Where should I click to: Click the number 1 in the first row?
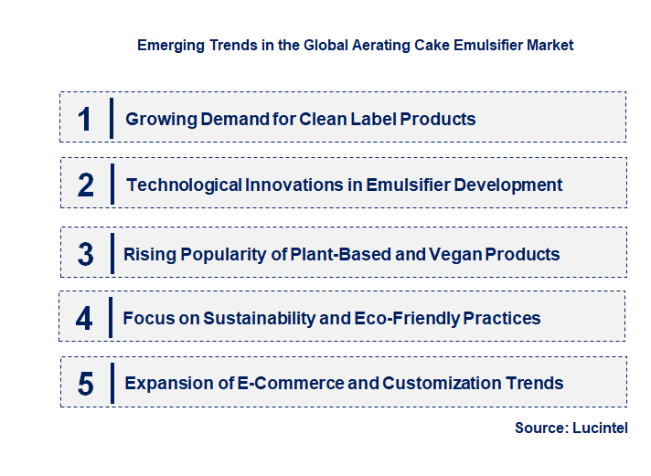click(85, 119)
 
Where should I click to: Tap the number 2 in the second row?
click(86, 185)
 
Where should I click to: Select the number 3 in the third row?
click(85, 254)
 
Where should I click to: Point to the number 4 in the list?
click(84, 319)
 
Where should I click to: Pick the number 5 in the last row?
click(85, 384)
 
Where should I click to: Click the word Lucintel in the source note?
click(601, 428)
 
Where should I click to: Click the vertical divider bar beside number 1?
click(111, 118)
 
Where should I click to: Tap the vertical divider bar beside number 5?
click(111, 382)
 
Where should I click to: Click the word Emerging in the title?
click(167, 44)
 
